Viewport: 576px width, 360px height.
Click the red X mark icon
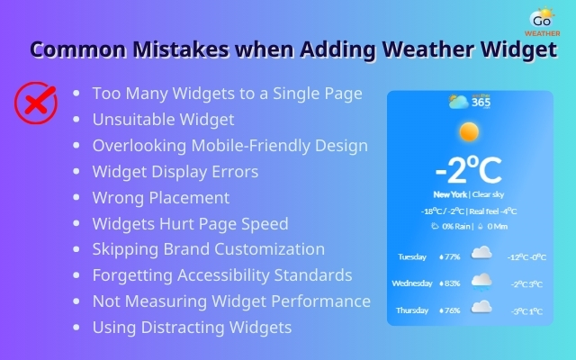35,105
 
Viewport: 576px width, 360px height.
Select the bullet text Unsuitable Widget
163,119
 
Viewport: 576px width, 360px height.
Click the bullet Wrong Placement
161,197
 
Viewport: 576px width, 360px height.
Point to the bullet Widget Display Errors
175,171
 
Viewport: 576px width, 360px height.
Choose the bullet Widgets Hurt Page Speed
191,223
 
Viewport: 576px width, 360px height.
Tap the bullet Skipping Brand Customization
209,249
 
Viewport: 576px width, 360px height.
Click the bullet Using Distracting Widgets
192,328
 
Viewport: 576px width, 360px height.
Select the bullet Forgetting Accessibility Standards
222,275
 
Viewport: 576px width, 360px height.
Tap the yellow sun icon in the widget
468,133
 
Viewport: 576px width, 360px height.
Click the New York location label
449,193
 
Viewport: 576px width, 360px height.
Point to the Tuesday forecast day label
412,256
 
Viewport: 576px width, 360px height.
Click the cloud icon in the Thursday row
482,307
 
